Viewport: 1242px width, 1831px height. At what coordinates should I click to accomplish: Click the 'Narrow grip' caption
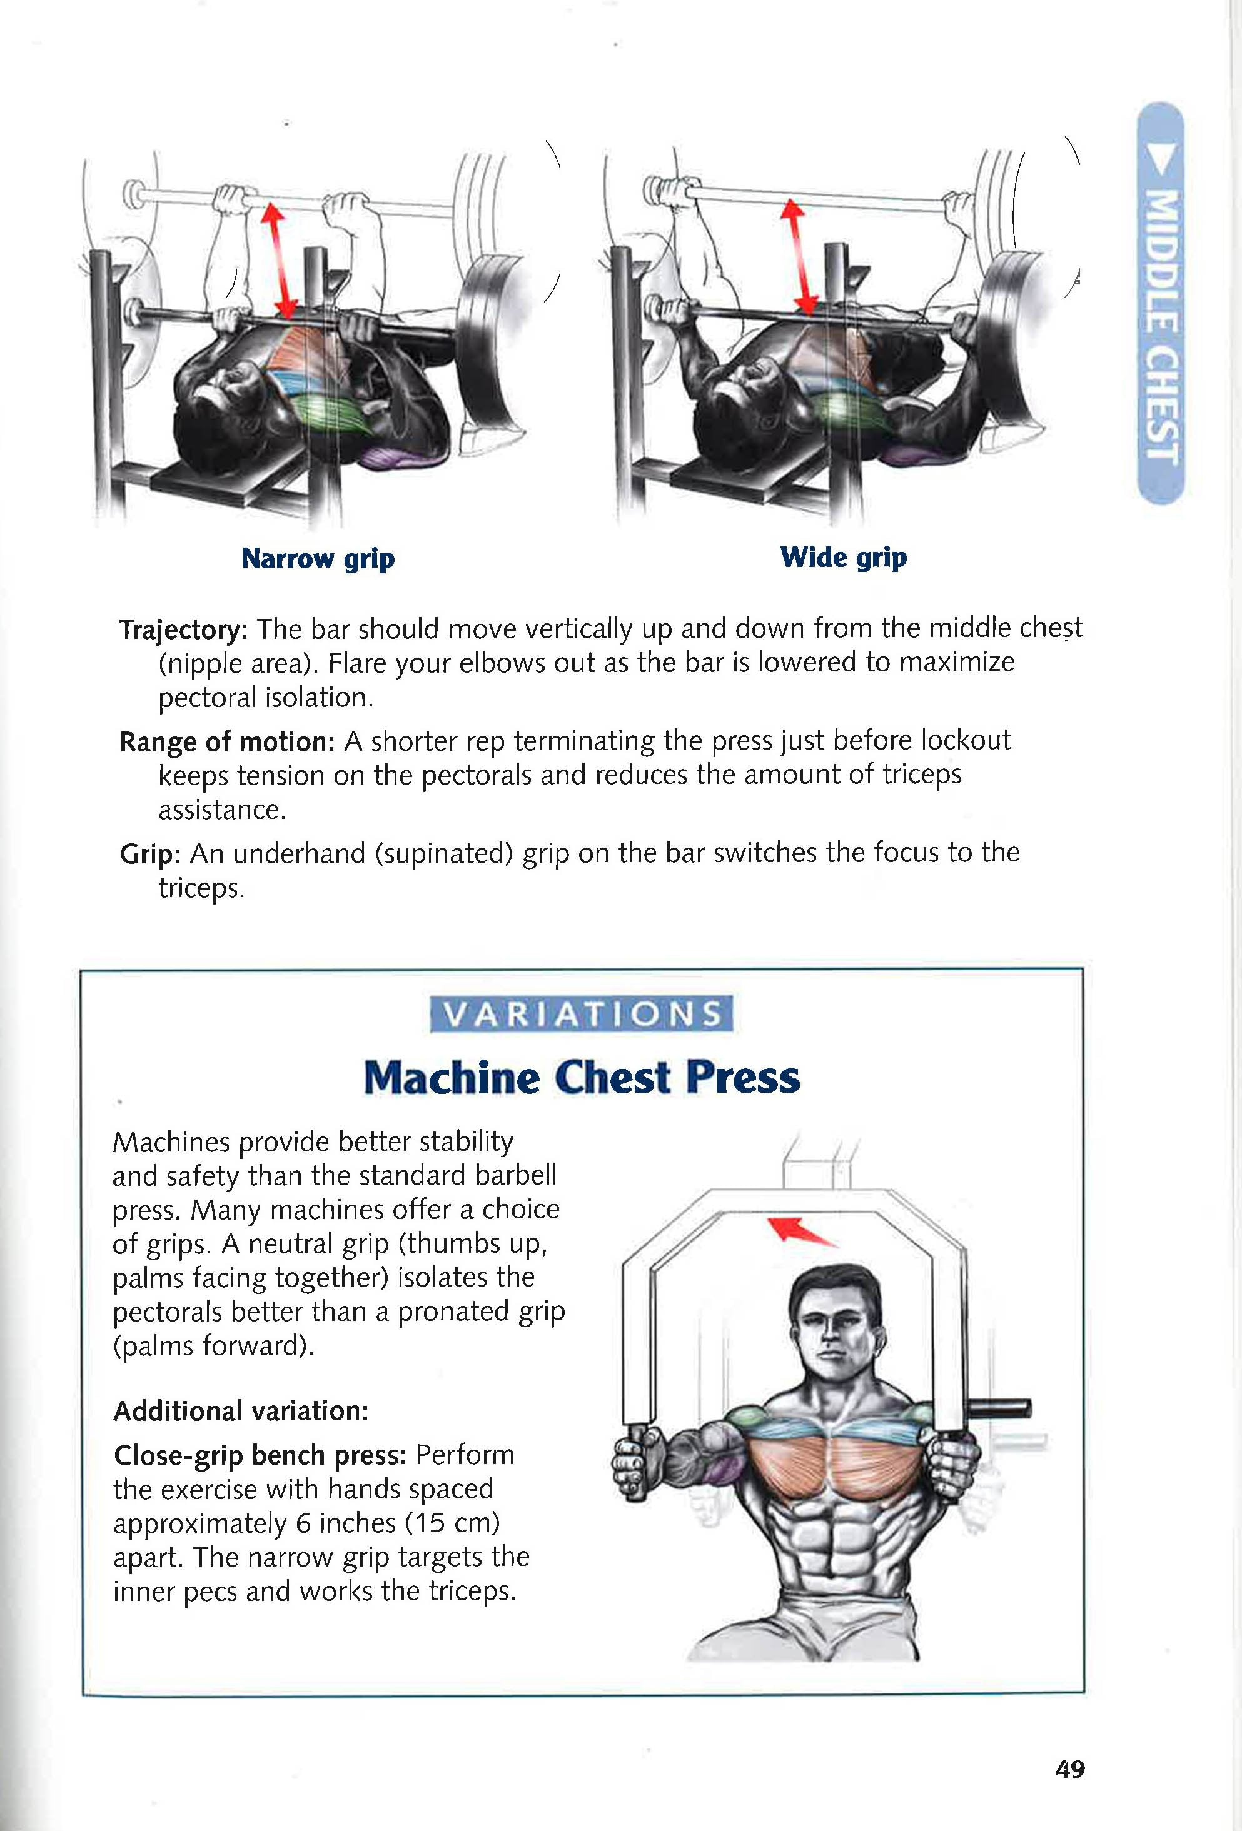[318, 559]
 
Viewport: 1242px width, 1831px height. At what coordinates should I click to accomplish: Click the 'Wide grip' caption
[843, 557]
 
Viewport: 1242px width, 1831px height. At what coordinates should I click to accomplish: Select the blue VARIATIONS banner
[582, 1014]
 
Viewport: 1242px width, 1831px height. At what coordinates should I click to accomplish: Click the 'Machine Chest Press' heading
[582, 1077]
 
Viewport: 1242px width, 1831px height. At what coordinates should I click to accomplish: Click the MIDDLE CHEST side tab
[1161, 303]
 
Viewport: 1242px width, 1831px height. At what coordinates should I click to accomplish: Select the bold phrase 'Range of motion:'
[227, 741]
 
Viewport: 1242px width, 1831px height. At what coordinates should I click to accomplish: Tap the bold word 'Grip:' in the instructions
[151, 853]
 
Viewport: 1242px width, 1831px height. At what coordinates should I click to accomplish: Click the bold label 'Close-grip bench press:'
[260, 1455]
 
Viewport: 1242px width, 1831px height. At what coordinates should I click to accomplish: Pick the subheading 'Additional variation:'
[240, 1410]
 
